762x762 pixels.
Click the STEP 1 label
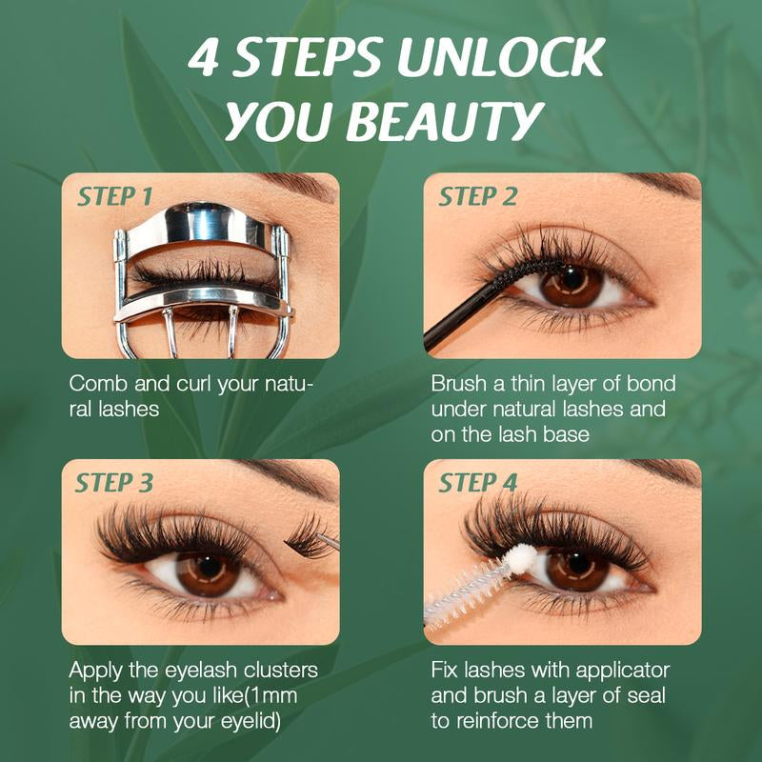click(114, 197)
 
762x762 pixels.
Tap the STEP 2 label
click(477, 197)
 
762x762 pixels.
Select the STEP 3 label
click(114, 483)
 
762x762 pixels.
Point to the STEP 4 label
click(477, 483)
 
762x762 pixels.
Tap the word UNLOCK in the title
click(501, 59)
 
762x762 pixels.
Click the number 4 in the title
click(204, 59)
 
